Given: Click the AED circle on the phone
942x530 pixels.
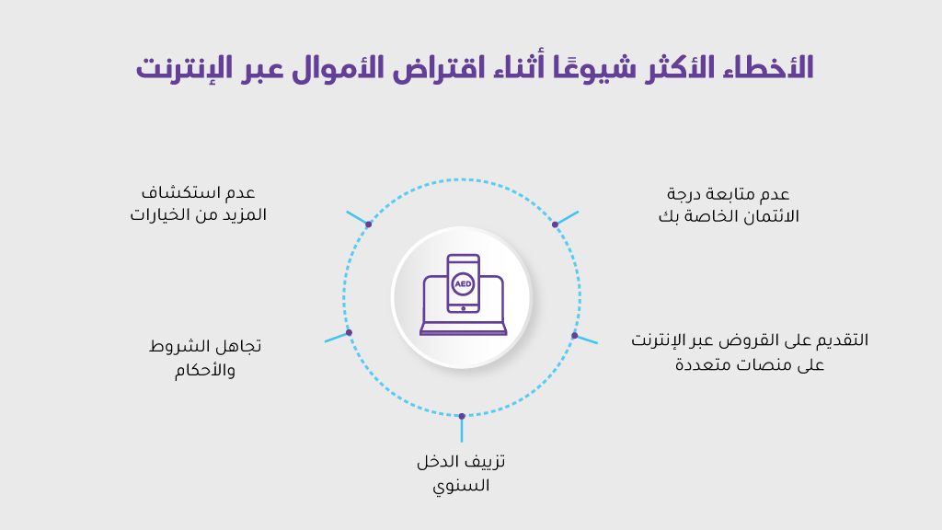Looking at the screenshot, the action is click(463, 283).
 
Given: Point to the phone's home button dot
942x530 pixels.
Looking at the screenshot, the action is click(464, 308).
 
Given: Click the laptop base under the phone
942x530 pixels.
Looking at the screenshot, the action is click(464, 328).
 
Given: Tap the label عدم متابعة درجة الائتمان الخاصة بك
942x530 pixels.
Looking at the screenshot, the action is click(729, 205).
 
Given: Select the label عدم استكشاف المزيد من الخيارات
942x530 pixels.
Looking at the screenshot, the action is click(199, 203).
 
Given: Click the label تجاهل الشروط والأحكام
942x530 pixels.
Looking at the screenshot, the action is click(205, 358).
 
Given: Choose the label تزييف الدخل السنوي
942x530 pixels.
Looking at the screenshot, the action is click(462, 473).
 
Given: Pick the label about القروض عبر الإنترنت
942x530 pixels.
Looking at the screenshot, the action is click(750, 351).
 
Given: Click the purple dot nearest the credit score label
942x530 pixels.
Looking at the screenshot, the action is click(555, 225).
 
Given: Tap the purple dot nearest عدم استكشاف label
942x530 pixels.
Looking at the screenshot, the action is click(368, 225).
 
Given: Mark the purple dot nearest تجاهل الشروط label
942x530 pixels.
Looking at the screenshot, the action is click(349, 332).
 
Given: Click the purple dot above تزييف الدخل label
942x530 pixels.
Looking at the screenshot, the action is click(462, 416).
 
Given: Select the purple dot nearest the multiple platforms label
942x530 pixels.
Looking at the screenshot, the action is click(574, 336).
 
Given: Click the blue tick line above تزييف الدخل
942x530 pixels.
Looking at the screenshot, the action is click(462, 430).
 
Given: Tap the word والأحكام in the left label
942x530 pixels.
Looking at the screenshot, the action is click(205, 370).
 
